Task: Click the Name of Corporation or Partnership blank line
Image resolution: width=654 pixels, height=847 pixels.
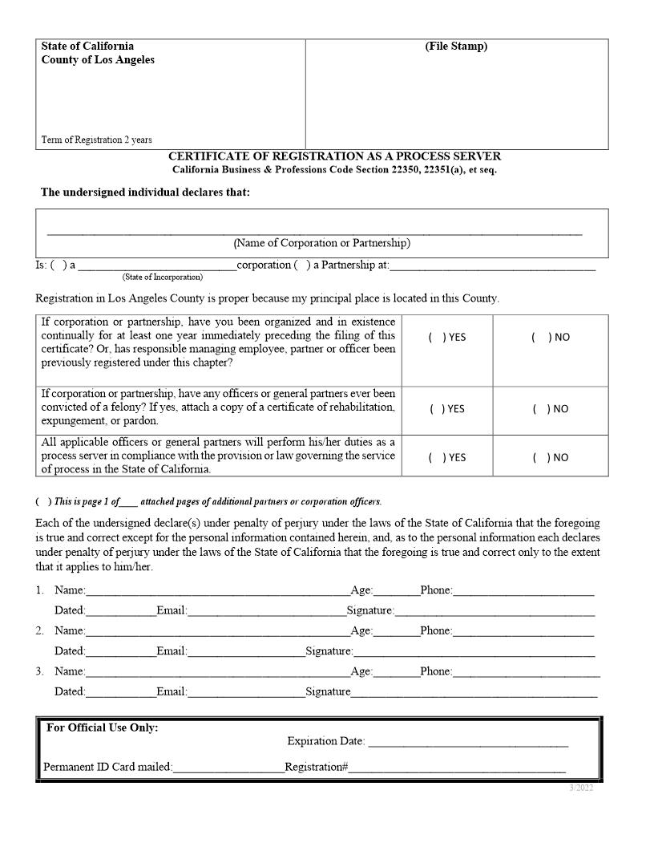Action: click(x=314, y=230)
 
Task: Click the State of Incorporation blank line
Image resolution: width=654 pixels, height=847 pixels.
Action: click(x=157, y=266)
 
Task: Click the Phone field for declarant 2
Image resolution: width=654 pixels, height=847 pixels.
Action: click(x=523, y=631)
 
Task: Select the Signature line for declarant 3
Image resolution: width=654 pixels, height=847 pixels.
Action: click(x=474, y=692)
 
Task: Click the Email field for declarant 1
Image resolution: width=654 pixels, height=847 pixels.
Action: click(x=266, y=611)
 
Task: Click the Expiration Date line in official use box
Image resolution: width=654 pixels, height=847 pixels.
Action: click(x=467, y=743)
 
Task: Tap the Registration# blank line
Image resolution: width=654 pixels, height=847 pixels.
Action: click(x=457, y=768)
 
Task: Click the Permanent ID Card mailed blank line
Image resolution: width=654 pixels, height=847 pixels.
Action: click(x=228, y=768)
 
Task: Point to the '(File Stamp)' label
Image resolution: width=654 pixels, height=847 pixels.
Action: click(x=456, y=47)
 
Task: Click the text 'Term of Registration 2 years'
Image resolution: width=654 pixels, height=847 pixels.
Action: click(x=96, y=140)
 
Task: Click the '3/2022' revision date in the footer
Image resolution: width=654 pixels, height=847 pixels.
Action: click(x=581, y=788)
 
